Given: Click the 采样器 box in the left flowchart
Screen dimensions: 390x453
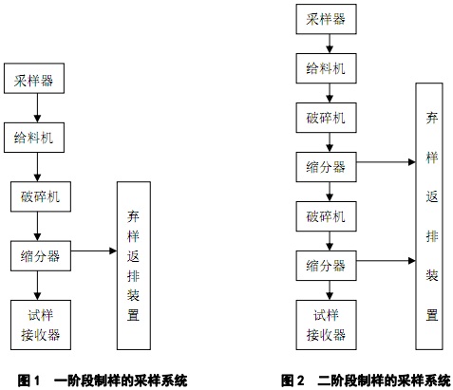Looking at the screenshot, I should (x=34, y=80).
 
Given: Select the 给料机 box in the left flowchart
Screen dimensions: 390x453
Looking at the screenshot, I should (x=34, y=137).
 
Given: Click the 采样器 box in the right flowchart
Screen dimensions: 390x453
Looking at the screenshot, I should (x=327, y=18).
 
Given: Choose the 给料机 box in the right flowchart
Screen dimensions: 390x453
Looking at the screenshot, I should (x=327, y=68).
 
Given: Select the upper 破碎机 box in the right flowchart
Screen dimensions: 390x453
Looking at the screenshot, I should (x=327, y=118).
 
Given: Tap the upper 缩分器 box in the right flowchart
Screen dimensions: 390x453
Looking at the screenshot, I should (x=327, y=166).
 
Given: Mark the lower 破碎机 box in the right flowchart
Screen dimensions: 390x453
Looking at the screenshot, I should (x=327, y=215).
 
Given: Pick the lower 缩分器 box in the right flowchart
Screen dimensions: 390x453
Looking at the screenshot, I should (x=327, y=264).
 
